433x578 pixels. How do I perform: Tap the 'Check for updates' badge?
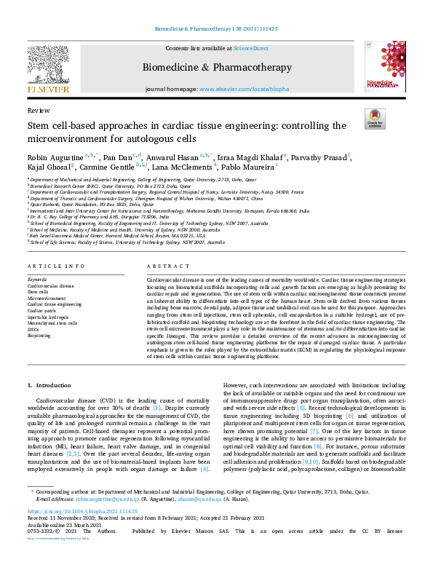click(x=375, y=119)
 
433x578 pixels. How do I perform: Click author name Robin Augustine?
click(x=55, y=156)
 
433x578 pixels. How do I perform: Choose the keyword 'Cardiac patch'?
click(x=43, y=311)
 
